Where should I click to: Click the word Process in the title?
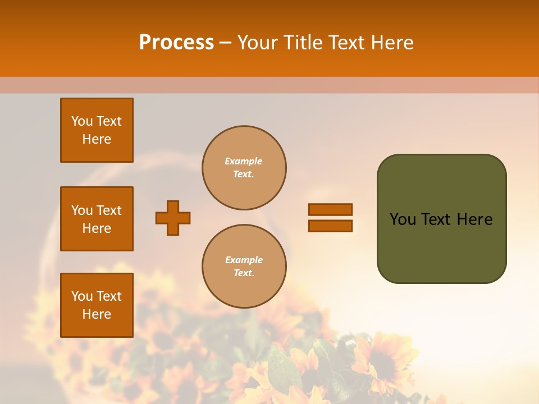click(176, 43)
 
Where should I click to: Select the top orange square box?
click(97, 130)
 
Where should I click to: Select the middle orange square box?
click(97, 219)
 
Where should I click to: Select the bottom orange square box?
click(97, 305)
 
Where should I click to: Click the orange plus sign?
click(173, 218)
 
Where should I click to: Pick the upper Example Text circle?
click(244, 168)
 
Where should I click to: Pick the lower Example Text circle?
click(244, 267)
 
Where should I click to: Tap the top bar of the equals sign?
click(330, 209)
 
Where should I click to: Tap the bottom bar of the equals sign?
click(330, 226)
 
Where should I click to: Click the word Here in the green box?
click(474, 219)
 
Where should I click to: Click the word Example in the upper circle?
click(244, 162)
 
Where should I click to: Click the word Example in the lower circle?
click(244, 260)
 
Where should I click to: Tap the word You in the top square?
click(82, 121)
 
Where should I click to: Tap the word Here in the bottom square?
click(97, 314)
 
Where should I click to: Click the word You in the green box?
click(403, 219)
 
